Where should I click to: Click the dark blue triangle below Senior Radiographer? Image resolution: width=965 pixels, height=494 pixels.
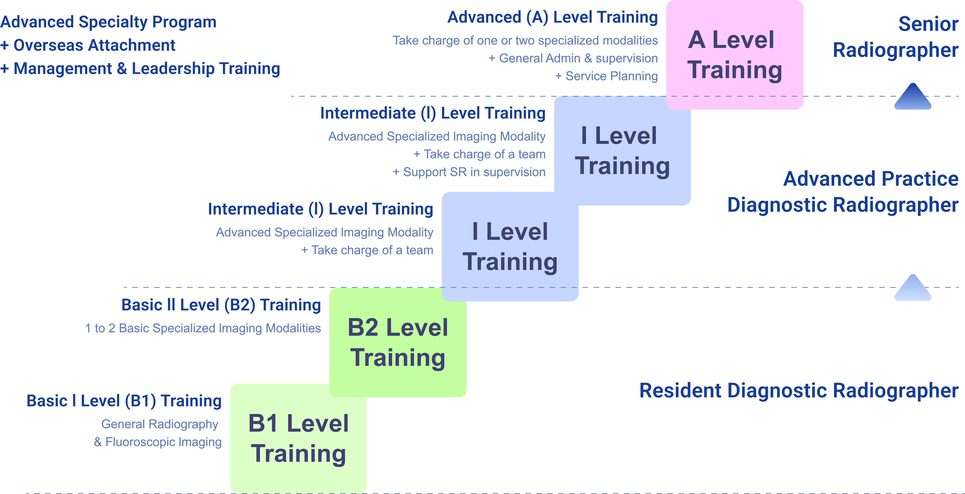(913, 97)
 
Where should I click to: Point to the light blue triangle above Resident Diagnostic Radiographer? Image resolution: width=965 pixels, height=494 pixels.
(913, 289)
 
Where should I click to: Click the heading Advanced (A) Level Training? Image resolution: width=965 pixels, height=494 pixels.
(553, 17)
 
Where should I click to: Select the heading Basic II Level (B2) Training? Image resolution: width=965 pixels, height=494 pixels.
(221, 305)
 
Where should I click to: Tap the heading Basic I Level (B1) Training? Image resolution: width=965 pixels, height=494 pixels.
(124, 401)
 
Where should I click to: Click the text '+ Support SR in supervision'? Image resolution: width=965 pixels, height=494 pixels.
(469, 172)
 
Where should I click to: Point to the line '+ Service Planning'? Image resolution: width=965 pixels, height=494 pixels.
(606, 76)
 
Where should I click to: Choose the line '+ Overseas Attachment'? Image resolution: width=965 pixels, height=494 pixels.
(88, 45)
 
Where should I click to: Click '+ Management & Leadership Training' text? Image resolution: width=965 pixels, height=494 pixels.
(140, 69)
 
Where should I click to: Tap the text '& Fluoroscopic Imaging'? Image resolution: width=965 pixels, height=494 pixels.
(158, 442)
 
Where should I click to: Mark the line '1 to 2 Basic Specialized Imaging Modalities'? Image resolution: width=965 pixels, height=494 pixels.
(203, 328)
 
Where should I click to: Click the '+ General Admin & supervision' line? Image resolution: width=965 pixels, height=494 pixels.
(573, 58)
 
